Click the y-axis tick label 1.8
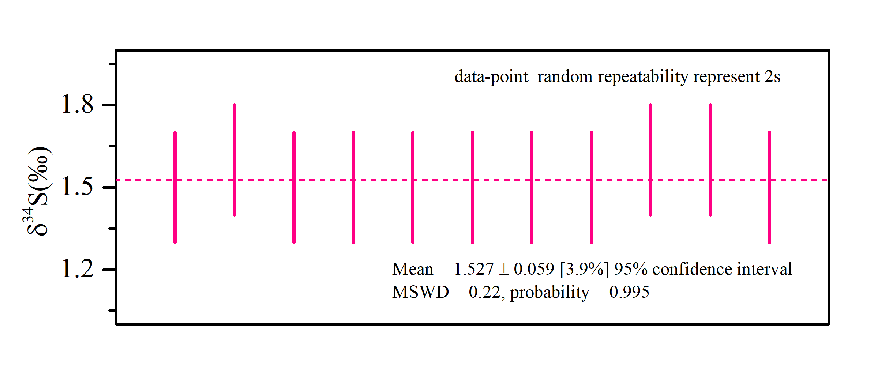[78, 105]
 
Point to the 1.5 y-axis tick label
[78, 187]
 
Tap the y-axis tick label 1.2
[78, 269]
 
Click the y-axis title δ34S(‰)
[38, 191]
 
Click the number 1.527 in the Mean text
[474, 269]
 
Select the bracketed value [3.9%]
[584, 269]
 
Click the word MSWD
[420, 292]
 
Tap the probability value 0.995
[629, 292]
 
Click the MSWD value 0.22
[484, 292]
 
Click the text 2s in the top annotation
[772, 77]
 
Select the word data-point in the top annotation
[491, 77]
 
